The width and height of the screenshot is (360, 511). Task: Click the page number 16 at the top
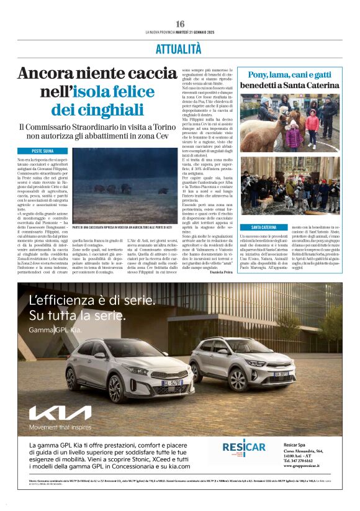[179, 24]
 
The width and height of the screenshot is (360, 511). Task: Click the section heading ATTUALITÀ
[180, 48]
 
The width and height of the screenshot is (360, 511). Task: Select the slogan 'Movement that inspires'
[61, 427]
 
